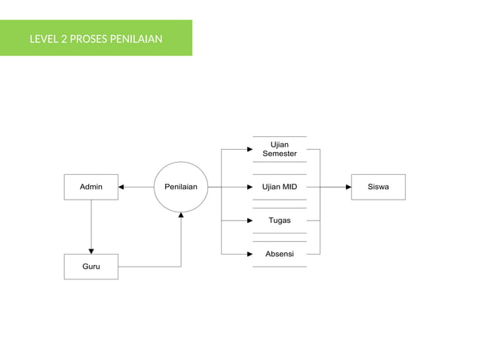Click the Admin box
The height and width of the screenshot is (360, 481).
click(x=90, y=187)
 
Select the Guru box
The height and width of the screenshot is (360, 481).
click(x=90, y=267)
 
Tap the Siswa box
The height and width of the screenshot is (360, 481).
click(x=378, y=187)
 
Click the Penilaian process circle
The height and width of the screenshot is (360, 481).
click(x=181, y=187)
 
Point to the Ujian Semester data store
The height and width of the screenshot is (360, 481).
click(x=279, y=149)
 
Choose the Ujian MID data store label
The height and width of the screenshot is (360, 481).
click(x=279, y=187)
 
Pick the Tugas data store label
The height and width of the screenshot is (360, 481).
click(x=279, y=221)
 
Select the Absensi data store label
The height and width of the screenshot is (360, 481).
click(x=279, y=254)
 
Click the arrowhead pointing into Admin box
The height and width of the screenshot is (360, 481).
click(x=122, y=187)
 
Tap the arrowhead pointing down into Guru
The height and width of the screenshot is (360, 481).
click(x=90, y=251)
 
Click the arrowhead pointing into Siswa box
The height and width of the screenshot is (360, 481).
click(x=348, y=187)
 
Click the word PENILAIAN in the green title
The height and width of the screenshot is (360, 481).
click(x=136, y=38)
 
